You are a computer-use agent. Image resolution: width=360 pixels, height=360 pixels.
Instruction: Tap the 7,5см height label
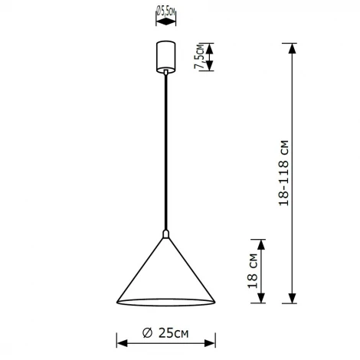click(x=200, y=56)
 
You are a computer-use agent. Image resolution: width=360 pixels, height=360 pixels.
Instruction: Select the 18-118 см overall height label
click(x=285, y=173)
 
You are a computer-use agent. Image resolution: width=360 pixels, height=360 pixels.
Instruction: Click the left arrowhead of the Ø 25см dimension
click(x=119, y=340)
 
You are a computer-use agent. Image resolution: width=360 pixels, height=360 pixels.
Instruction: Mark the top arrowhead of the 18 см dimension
click(x=261, y=244)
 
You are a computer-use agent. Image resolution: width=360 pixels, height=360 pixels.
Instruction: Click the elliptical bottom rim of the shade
click(x=165, y=301)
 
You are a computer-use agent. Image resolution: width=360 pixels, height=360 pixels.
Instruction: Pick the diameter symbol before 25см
click(x=145, y=334)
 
